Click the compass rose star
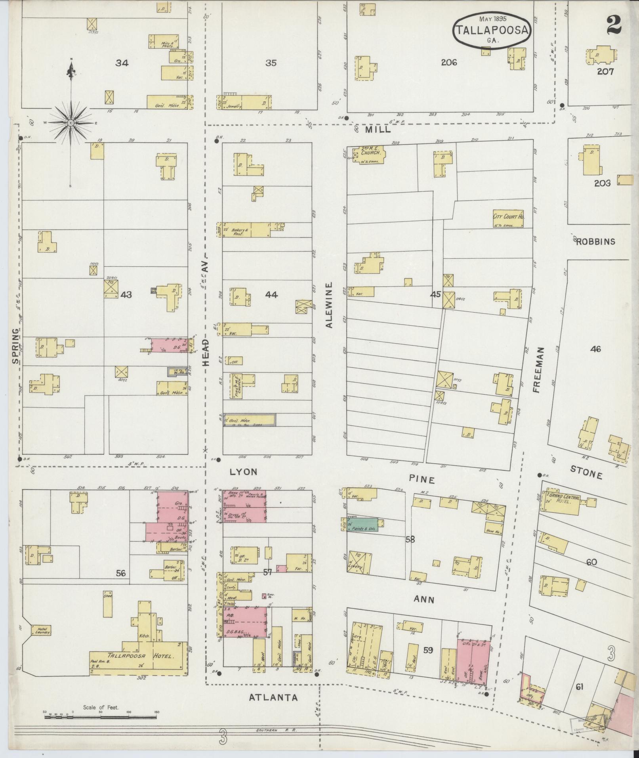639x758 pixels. tap(71, 122)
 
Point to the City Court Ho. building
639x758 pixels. tap(508, 219)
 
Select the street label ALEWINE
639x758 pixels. tap(329, 305)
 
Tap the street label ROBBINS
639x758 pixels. tap(595, 242)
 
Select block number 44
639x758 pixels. tap(271, 294)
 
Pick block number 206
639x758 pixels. tap(449, 62)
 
